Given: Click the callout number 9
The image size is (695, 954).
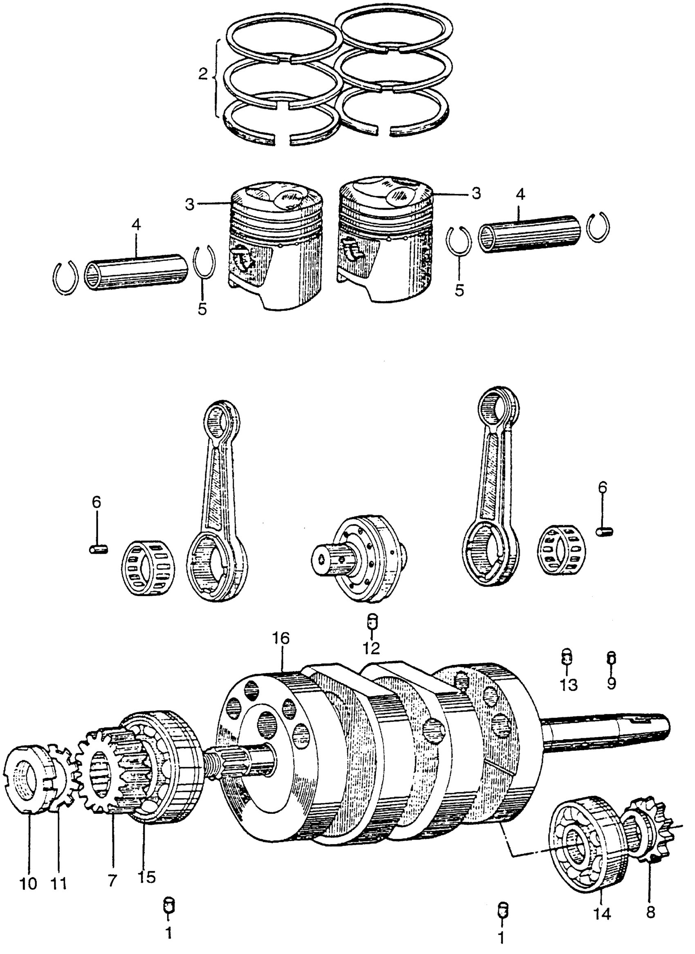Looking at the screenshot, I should pos(611,683).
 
